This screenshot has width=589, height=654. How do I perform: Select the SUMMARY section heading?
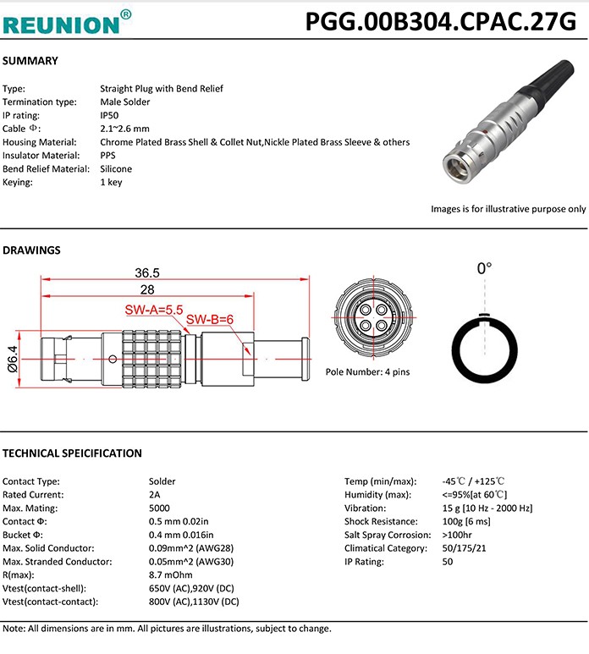[x=30, y=61]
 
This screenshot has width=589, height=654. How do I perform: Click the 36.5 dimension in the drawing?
[x=147, y=272]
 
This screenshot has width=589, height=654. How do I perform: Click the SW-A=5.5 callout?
[x=154, y=311]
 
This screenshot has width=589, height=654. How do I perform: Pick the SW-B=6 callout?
[x=209, y=320]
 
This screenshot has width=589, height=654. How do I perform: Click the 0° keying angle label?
[x=484, y=269]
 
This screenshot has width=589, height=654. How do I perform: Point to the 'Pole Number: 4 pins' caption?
[x=367, y=372]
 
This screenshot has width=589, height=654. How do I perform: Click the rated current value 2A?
[x=154, y=495]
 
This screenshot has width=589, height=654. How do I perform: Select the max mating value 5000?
[x=159, y=508]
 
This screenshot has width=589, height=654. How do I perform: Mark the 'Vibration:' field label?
[x=366, y=508]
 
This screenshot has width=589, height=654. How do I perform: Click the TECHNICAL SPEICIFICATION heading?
[x=72, y=453]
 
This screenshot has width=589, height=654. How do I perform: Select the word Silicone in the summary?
[x=117, y=168]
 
